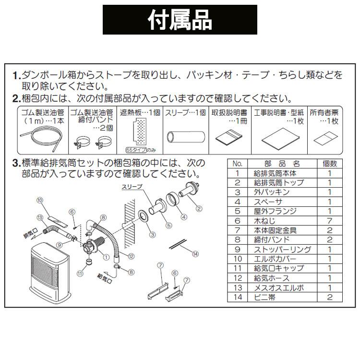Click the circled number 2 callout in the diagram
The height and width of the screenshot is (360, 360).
[x=199, y=208]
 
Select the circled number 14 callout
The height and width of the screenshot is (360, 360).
[x=195, y=253]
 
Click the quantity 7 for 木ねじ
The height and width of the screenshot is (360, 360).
[x=330, y=221]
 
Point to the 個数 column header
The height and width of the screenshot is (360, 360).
[x=330, y=164]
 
